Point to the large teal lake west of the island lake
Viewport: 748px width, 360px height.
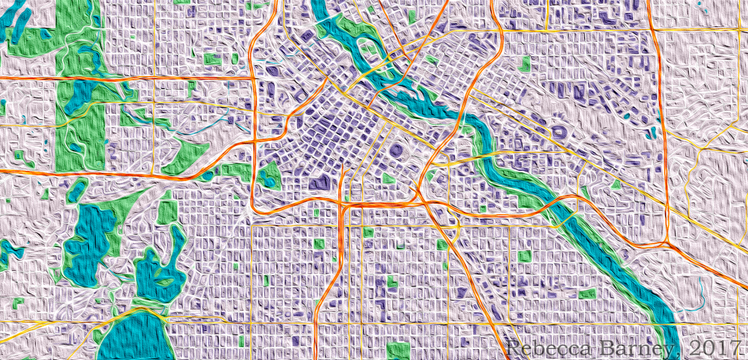91,237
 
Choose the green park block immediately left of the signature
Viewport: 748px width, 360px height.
398,349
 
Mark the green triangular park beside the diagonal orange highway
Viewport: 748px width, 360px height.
182,154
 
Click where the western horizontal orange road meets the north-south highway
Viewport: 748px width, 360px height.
253,76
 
